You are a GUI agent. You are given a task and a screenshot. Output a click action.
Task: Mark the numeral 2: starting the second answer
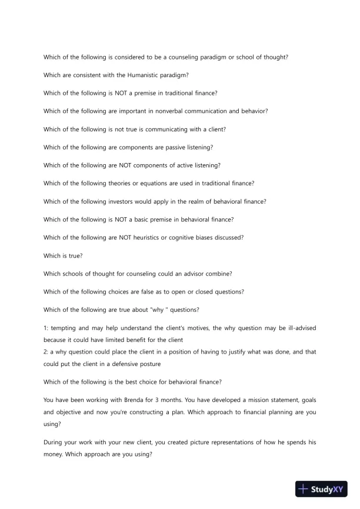point(46,352)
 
